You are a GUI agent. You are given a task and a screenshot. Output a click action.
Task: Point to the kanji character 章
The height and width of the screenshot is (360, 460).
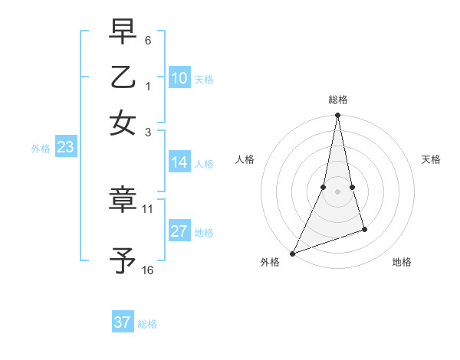[x=123, y=199]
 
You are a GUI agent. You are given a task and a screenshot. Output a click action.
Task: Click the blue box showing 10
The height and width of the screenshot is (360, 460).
[x=179, y=78]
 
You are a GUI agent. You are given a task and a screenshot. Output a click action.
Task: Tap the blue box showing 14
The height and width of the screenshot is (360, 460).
[x=179, y=162]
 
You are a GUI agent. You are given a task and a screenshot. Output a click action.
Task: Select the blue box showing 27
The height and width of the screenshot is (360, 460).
[x=179, y=232]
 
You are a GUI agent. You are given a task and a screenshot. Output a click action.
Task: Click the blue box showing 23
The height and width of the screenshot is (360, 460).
[x=65, y=148]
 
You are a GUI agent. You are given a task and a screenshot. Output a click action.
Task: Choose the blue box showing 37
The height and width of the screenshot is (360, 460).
[x=123, y=322]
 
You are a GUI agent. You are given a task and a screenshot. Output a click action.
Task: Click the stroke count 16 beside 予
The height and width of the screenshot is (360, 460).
[x=148, y=270]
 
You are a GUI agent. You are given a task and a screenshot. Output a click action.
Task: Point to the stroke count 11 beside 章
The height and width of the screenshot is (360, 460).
[x=148, y=208]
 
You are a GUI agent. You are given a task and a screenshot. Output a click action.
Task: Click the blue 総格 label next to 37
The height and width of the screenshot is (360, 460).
[x=147, y=324]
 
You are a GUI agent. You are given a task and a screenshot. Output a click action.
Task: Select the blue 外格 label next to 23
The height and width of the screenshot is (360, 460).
[x=41, y=149]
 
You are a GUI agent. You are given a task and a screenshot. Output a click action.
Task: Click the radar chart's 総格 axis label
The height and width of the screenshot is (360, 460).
[x=337, y=100]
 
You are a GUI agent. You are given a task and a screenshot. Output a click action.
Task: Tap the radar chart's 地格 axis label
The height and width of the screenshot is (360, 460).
[x=402, y=262]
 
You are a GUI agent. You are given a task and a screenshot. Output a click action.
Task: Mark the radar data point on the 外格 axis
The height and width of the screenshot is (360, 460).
[x=292, y=254]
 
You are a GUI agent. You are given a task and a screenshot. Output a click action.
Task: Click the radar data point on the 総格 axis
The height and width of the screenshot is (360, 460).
[x=337, y=116]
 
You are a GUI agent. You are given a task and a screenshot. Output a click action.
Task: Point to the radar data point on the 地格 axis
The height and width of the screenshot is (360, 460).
[x=364, y=229]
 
